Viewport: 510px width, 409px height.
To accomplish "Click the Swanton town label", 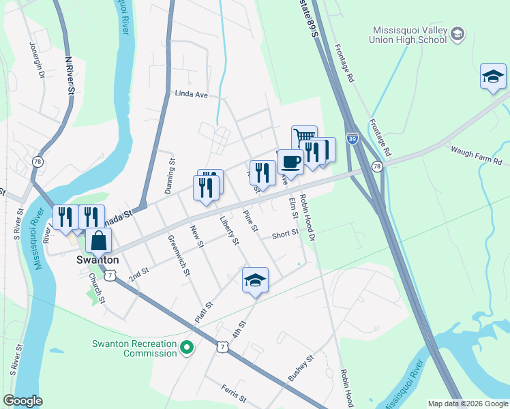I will (97, 260).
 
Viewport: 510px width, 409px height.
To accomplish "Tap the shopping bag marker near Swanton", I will (98, 241).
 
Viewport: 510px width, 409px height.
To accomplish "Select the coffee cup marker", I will (290, 162).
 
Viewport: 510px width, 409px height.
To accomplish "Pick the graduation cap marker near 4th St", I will (255, 280).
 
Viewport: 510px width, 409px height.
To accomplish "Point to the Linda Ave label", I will (191, 94).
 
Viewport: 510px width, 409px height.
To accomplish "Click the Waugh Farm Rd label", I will (475, 155).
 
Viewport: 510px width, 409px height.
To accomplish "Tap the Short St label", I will (285, 233).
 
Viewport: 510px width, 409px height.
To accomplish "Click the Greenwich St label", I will (179, 255).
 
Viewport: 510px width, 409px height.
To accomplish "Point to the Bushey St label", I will (300, 367).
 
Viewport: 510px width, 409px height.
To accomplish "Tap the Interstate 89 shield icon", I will (352, 138).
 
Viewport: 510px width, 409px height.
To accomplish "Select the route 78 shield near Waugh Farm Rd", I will (377, 166).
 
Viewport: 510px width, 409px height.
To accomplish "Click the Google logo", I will (22, 401).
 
